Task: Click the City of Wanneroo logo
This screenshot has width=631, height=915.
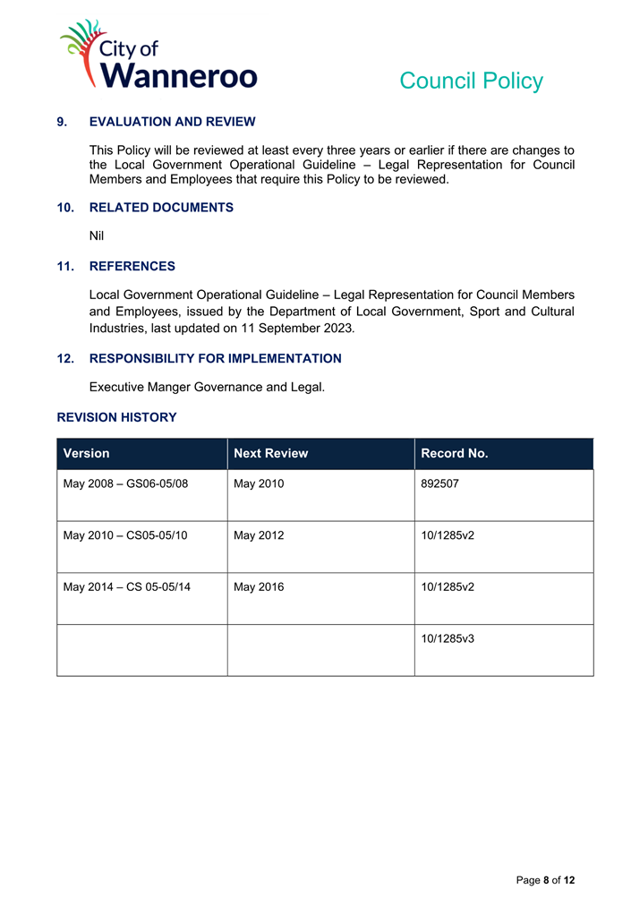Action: pos(158,56)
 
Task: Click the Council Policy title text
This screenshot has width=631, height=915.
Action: pos(471,81)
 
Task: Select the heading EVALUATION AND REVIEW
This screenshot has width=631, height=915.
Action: pos(173,122)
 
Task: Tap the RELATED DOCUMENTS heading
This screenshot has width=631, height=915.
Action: pos(161,208)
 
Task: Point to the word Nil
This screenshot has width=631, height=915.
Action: pos(97,235)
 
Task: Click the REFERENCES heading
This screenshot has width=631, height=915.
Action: pos(132,267)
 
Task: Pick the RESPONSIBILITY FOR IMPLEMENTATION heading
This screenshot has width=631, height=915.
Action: pos(215,359)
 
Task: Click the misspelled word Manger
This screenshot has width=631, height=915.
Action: pos(173,387)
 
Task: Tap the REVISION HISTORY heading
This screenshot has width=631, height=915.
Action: pos(116,417)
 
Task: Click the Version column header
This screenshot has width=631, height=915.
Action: pos(86,454)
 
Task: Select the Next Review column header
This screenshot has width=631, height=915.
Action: pos(270,454)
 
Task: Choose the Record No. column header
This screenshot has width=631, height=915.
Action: pos(455,454)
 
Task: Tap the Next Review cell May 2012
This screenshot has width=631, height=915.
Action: pos(258,536)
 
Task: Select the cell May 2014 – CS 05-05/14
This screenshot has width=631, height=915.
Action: pos(126,587)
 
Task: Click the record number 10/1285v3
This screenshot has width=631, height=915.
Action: pos(448,639)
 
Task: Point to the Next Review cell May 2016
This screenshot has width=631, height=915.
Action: pos(258,587)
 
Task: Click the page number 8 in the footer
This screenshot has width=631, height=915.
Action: pos(546,881)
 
